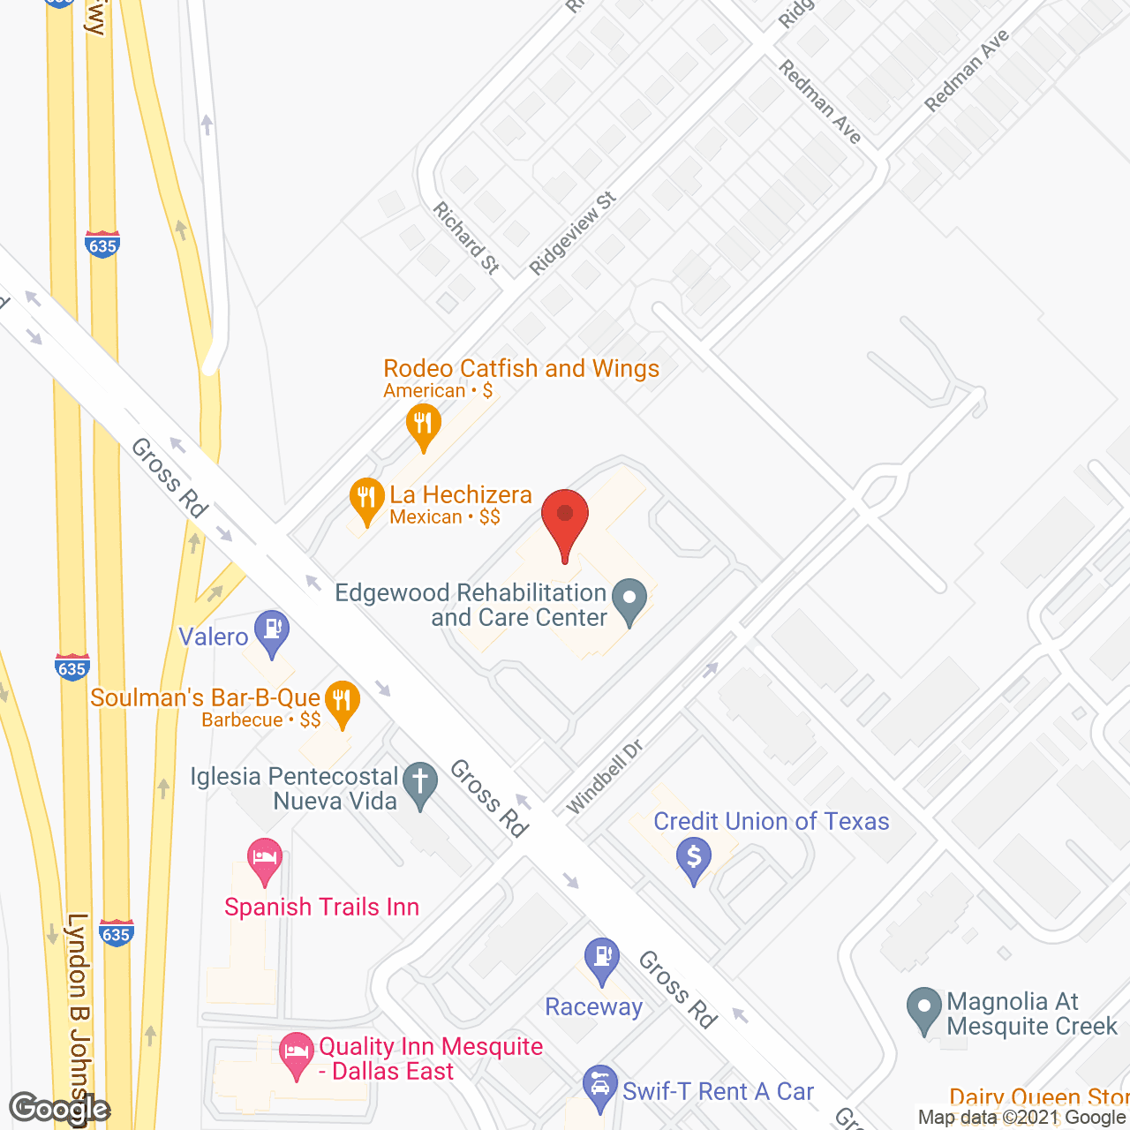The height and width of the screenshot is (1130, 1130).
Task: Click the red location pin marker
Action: pos(565,521)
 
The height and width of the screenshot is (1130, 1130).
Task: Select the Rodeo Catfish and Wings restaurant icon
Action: pos(424,426)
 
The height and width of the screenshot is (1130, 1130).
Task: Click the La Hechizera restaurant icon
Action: pos(366,501)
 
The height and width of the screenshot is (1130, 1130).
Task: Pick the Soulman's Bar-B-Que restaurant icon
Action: pos(342,703)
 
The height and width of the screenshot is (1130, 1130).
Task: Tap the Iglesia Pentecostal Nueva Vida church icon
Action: pos(420,783)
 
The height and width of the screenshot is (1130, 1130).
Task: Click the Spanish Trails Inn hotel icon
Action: pos(264,859)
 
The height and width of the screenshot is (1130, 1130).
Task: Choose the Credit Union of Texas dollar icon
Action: pos(694,859)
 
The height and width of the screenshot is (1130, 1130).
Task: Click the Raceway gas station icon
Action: pos(602,959)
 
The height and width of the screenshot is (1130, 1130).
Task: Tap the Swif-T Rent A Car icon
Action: pos(600,1087)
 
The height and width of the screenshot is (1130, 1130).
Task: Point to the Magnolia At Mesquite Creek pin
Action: pos(924,1008)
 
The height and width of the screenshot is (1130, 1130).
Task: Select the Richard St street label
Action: pos(466,237)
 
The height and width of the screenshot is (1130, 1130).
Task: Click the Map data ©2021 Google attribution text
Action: pos(1022,1118)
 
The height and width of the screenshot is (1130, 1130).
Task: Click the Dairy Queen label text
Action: pos(1038,1098)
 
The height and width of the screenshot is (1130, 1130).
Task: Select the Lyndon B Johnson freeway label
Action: pos(79,1015)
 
